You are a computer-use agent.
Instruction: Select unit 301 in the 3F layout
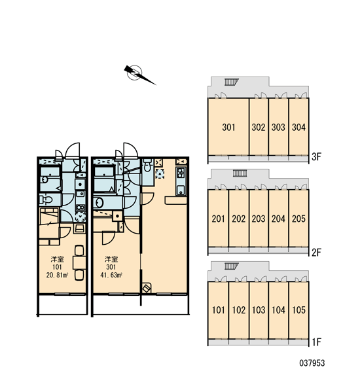coord(228,126)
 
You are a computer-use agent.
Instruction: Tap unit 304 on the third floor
coord(298,126)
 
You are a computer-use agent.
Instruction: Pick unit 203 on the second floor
coord(259,219)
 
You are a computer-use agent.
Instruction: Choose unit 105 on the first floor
coord(298,310)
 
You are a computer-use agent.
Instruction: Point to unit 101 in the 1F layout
coord(218,310)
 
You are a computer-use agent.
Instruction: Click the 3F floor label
coord(316,157)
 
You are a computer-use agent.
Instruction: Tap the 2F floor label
coord(316,253)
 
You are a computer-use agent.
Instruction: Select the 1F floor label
coord(316,342)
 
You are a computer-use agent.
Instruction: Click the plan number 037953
coord(312,363)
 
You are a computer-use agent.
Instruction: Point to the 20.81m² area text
coord(57,276)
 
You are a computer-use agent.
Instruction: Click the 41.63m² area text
coord(111,276)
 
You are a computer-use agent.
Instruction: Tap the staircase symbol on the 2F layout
coord(240,173)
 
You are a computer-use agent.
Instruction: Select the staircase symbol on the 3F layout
coord(232,82)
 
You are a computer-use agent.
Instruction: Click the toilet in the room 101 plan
coord(46,200)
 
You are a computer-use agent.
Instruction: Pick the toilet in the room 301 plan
coord(148,165)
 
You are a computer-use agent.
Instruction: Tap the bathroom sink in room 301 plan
coord(98,202)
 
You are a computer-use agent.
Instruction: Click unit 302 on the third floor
coord(259,126)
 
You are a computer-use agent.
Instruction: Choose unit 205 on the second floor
coord(298,219)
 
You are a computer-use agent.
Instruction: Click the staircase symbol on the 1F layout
coord(232,266)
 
